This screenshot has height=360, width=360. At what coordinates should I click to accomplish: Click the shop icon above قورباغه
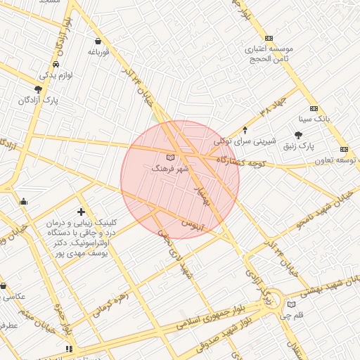(98, 41)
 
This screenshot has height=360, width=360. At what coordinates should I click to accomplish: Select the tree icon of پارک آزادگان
(37, 89)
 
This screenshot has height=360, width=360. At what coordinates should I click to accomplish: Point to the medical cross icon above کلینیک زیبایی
(81, 211)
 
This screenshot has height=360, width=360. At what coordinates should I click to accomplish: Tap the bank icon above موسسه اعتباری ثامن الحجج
(269, 38)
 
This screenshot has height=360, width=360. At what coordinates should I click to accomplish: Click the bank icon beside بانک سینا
(313, 108)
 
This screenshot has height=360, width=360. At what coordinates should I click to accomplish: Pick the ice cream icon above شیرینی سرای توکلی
(244, 129)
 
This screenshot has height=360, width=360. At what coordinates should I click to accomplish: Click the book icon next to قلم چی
(291, 304)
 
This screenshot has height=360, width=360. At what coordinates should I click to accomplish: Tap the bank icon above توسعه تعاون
(344, 149)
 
